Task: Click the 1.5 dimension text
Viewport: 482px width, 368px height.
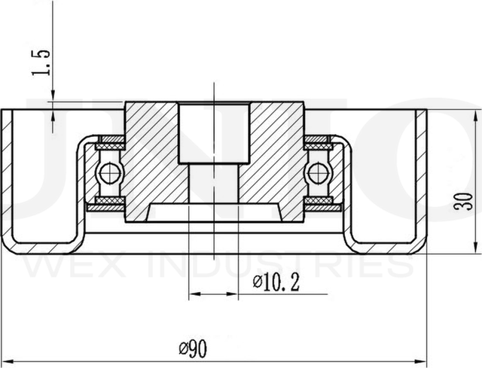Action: click(x=44, y=64)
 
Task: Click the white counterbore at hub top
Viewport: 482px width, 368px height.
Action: click(x=213, y=132)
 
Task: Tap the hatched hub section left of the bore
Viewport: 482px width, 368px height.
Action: click(x=151, y=158)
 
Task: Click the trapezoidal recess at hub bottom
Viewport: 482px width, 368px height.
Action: click(x=213, y=211)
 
